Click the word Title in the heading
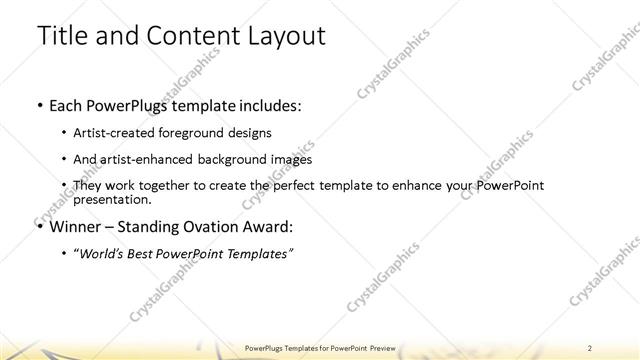click(61, 37)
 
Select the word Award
click(271, 226)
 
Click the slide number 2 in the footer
click(591, 347)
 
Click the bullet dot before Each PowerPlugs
click(39, 106)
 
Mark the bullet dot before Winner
click(39, 227)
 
